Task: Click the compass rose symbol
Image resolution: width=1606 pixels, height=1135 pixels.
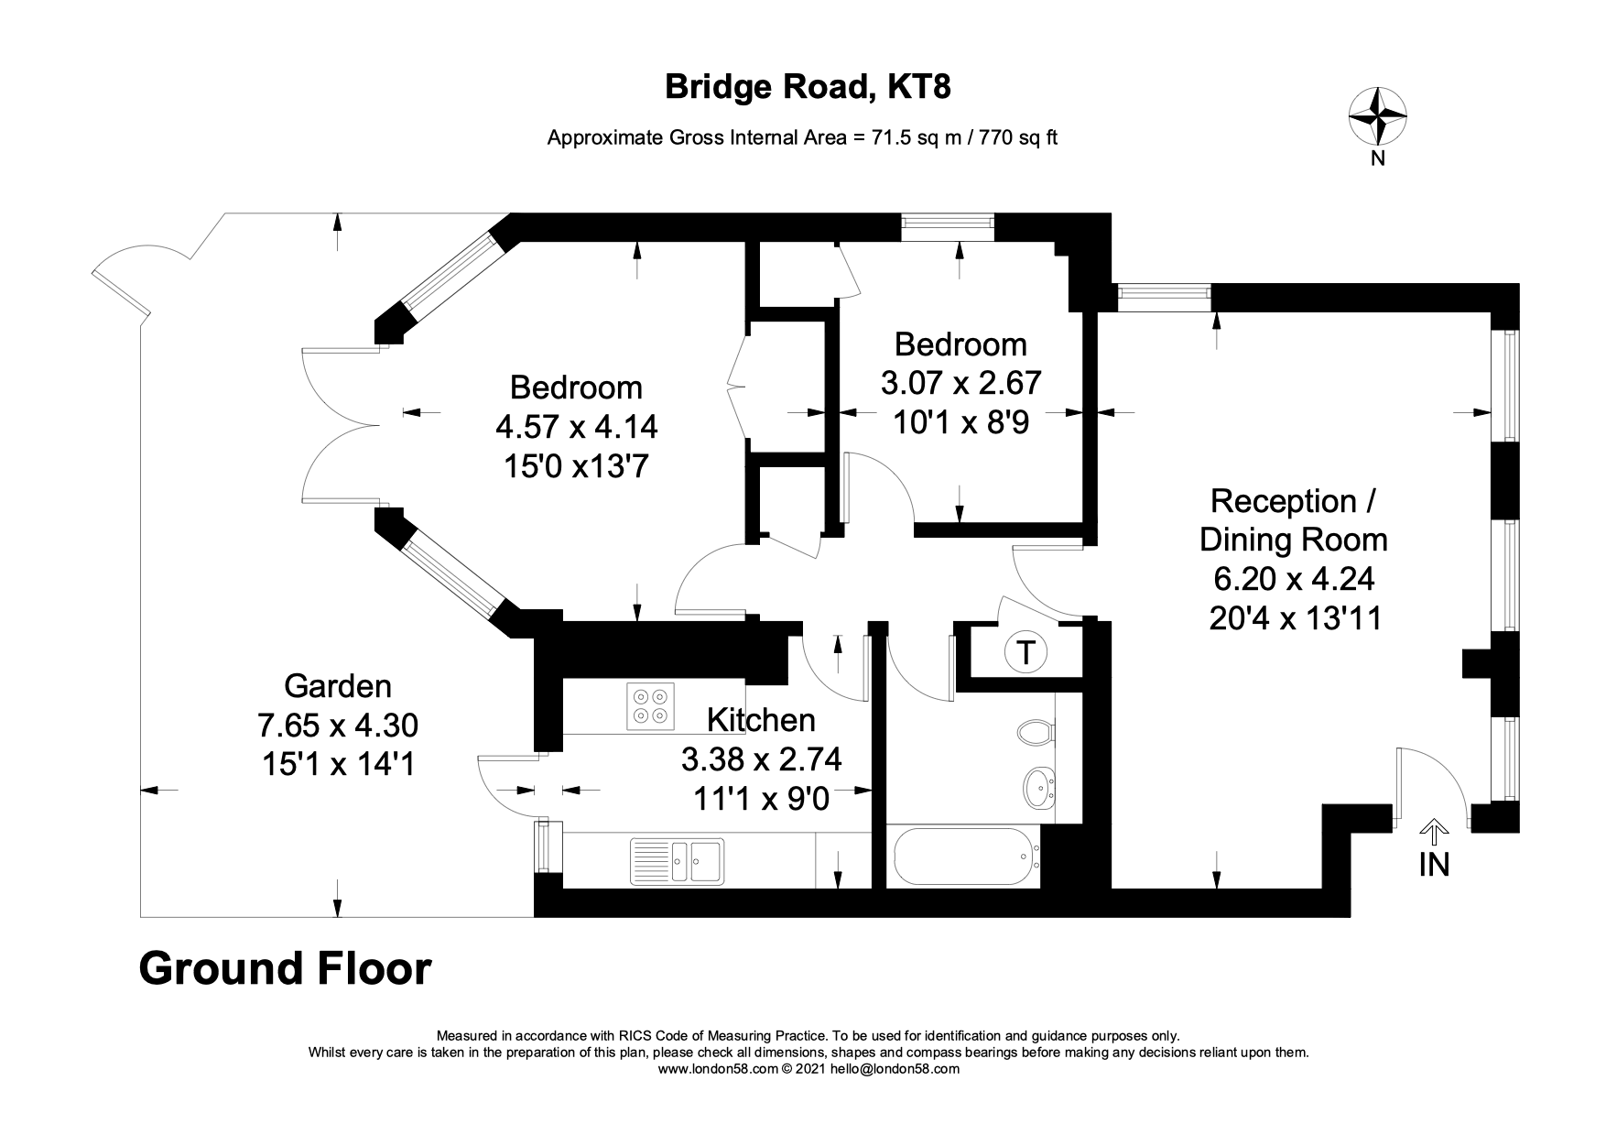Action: pyautogui.click(x=1377, y=116)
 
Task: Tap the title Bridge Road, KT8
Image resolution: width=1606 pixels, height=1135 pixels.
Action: pyautogui.click(x=807, y=87)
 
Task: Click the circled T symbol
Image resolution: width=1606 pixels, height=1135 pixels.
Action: pyautogui.click(x=1025, y=652)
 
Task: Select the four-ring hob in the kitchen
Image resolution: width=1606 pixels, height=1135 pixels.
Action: pyautogui.click(x=650, y=706)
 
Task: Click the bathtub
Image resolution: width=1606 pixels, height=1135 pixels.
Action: pyautogui.click(x=966, y=857)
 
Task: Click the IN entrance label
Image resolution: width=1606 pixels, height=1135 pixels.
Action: pyautogui.click(x=1434, y=864)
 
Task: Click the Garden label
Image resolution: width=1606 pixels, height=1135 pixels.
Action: pyautogui.click(x=338, y=685)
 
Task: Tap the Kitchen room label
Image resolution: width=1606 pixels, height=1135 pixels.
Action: pyautogui.click(x=761, y=720)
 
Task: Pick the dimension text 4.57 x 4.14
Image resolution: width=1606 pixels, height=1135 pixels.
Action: pyautogui.click(x=576, y=427)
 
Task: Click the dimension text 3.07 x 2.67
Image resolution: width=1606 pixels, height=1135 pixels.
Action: pyautogui.click(x=960, y=382)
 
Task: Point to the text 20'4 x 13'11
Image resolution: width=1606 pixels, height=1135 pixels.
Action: pyautogui.click(x=1295, y=618)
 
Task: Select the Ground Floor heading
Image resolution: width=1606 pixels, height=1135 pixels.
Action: pyautogui.click(x=285, y=969)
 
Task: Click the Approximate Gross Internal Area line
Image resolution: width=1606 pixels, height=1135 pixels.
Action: pyautogui.click(x=802, y=138)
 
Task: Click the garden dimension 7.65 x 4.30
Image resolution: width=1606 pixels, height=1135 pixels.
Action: pyautogui.click(x=338, y=725)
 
